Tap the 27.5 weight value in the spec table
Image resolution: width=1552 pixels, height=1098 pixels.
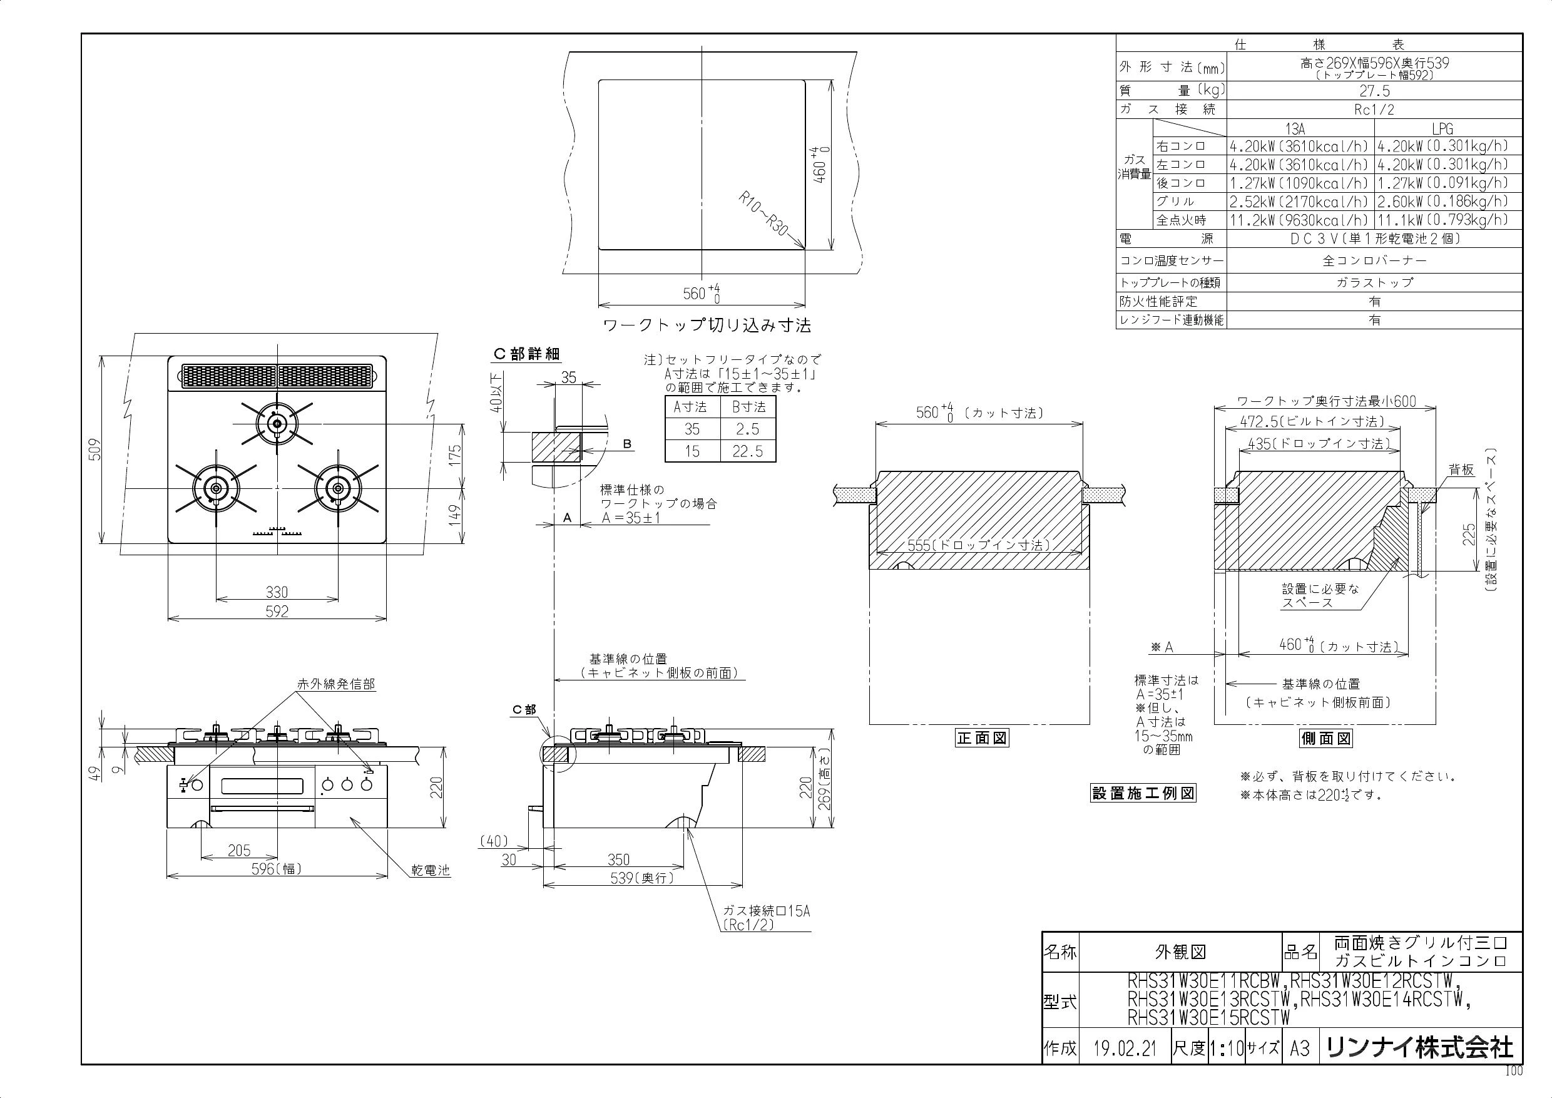pos(1374,91)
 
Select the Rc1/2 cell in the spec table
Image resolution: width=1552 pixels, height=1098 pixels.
pos(1374,110)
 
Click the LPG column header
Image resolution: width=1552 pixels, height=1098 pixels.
pos(1442,128)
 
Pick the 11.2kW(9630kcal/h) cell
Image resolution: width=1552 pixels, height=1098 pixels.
pos(1300,220)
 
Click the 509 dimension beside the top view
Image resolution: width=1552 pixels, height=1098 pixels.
pos(95,449)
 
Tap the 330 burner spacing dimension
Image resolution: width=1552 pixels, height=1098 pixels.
pos(277,592)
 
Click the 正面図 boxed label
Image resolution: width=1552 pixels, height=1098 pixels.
pos(981,738)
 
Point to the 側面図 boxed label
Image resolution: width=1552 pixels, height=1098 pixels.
pos(1325,738)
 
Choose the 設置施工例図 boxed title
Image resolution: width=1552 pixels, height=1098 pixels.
pos(1144,794)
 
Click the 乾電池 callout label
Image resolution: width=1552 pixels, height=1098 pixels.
pos(431,870)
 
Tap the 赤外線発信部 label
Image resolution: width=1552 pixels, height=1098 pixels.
pos(336,684)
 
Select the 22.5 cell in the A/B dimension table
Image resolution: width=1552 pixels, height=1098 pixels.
pos(748,451)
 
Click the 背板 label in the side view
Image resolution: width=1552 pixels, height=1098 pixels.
pos(1461,470)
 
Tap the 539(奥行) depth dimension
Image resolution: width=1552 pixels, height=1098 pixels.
pos(641,878)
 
